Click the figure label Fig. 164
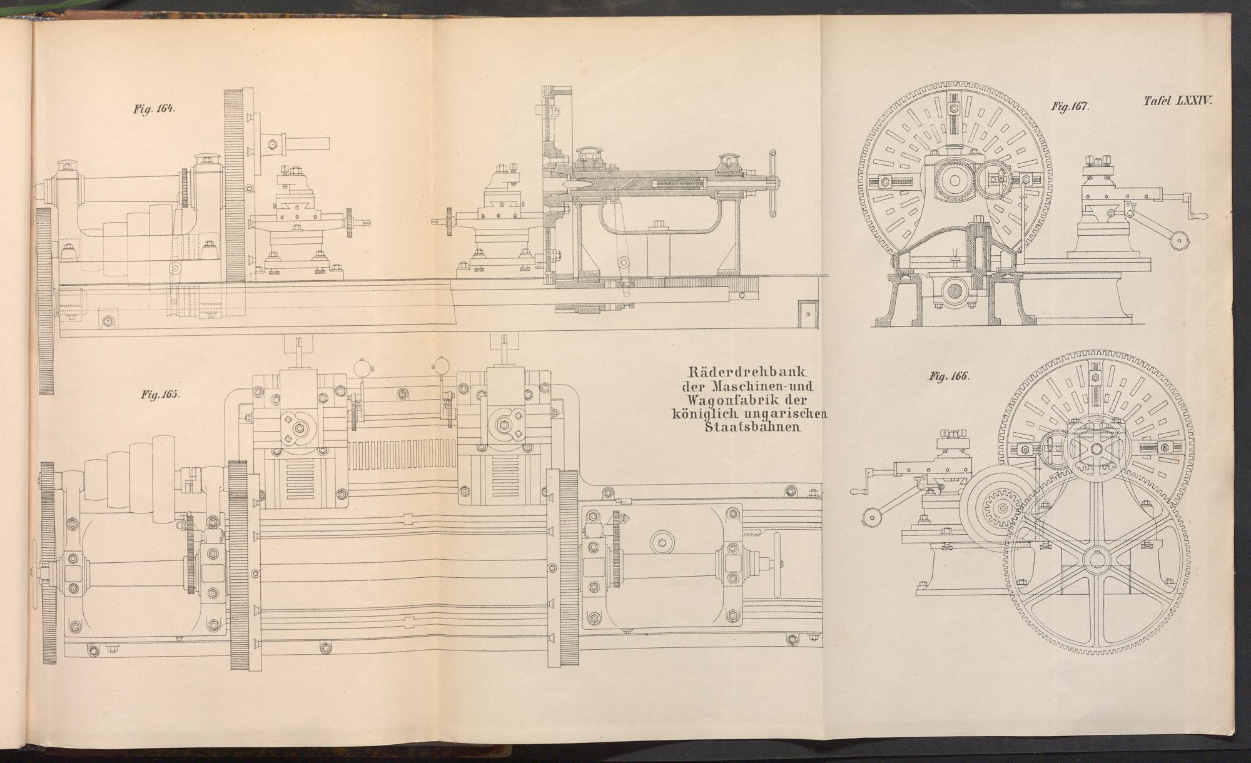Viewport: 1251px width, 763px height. pyautogui.click(x=154, y=108)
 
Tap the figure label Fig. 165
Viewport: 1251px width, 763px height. pyautogui.click(x=161, y=395)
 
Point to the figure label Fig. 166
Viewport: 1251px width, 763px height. pyautogui.click(x=949, y=376)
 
